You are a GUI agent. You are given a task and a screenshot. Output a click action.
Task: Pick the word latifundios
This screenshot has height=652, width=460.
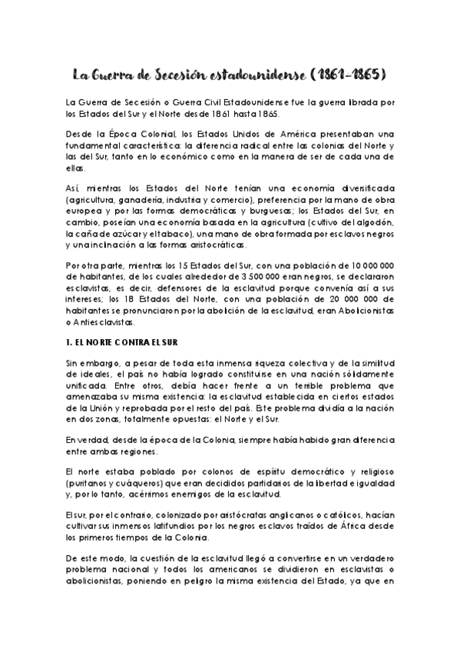(164, 527)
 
